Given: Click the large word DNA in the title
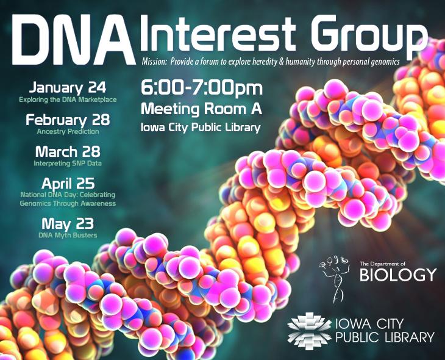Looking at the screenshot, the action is (74, 39).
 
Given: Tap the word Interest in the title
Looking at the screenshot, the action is (218, 35).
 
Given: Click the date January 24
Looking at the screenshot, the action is (68, 88).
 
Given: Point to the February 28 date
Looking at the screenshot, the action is (68, 120).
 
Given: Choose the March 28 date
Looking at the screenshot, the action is (68, 151).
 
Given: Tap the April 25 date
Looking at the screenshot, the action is (68, 184).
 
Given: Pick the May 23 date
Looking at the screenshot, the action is (68, 223).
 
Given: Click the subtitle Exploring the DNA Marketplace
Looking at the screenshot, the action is (68, 99).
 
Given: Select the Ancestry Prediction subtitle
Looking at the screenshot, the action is (68, 132).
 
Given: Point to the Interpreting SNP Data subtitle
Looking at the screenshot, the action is (68, 164).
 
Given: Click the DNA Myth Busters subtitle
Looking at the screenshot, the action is (68, 236).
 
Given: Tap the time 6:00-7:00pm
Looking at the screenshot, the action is (202, 88).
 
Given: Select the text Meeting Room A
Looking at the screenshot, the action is (201, 109).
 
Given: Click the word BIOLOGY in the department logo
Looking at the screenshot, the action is (398, 275).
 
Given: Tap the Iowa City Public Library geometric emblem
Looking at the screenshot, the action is (309, 330).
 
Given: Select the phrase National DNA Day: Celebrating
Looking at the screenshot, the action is (68, 195).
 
